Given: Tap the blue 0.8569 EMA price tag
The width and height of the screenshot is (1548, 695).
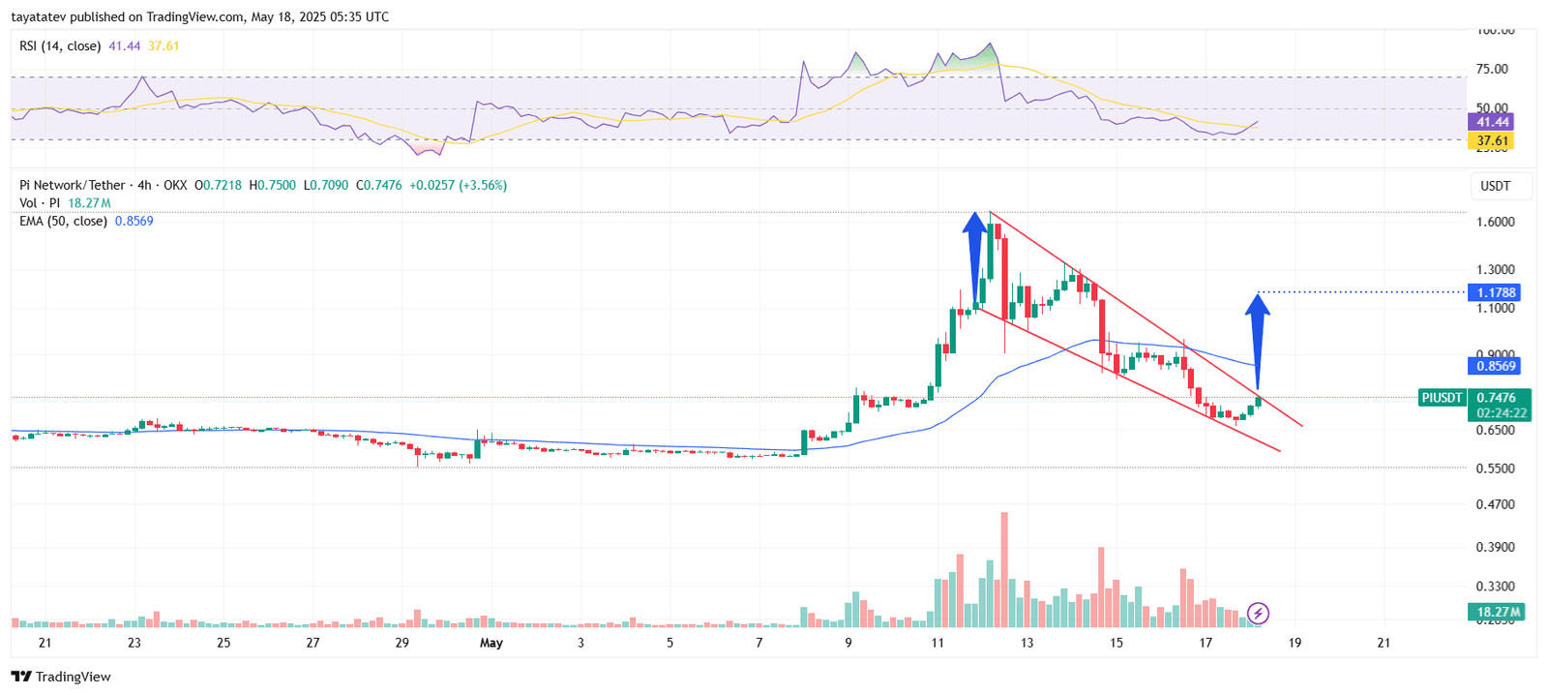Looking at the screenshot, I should coord(1494,366).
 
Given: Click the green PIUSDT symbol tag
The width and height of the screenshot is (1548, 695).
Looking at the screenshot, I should coord(1442,398).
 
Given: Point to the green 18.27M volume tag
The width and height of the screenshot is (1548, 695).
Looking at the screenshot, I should coord(1496,612).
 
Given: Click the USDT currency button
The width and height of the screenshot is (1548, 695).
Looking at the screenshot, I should coord(1495,186).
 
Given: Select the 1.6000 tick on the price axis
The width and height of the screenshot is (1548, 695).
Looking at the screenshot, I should coord(1495,222).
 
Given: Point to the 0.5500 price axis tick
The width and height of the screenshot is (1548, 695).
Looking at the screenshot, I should coord(1495,468).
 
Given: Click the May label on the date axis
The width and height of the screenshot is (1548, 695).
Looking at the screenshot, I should coord(491,643).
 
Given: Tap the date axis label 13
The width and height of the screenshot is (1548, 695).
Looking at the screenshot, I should coord(1027,643).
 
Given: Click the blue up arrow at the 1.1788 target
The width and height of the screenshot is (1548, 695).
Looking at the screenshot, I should coord(1257,339).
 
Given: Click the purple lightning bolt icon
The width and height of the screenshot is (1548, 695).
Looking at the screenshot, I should coord(1258,613).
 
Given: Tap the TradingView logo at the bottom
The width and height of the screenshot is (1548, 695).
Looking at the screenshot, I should coord(61,677).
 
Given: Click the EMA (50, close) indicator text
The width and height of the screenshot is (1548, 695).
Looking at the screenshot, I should coord(63,222).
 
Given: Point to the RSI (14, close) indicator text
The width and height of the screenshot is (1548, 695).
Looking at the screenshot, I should coord(60,46).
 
